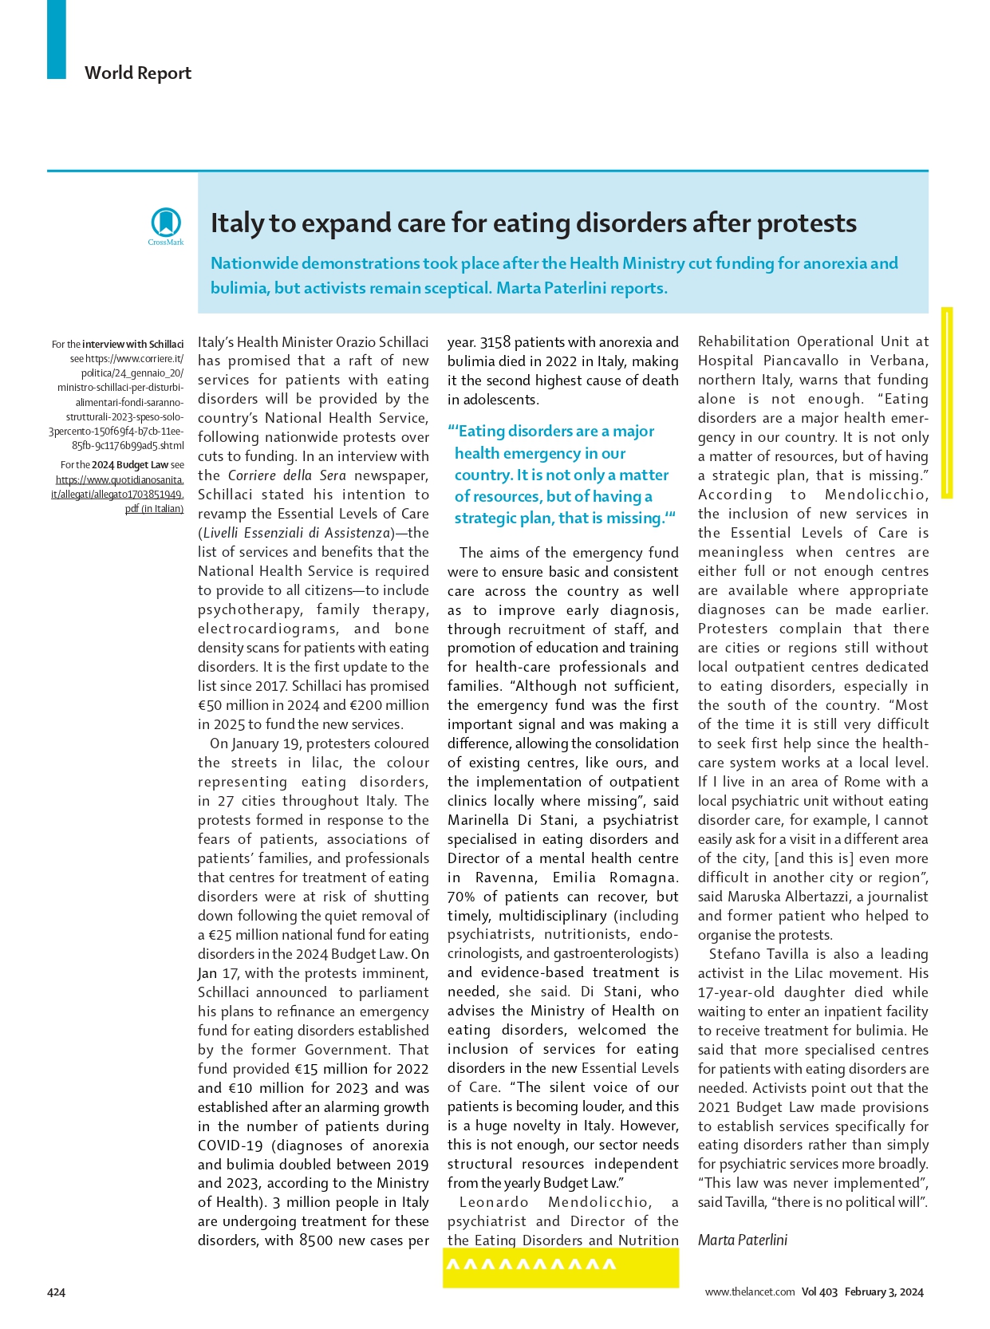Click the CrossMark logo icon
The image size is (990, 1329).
[166, 223]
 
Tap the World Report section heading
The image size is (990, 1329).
[138, 73]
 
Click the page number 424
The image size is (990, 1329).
[56, 1292]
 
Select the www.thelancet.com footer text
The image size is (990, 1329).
[750, 1292]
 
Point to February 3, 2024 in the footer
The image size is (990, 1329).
[884, 1292]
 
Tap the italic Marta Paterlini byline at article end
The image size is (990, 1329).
[742, 1240]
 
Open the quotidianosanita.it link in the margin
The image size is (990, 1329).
[119, 487]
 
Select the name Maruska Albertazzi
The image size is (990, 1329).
[828, 897]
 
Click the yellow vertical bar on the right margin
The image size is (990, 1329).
[947, 402]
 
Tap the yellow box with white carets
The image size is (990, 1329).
[561, 1267]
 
